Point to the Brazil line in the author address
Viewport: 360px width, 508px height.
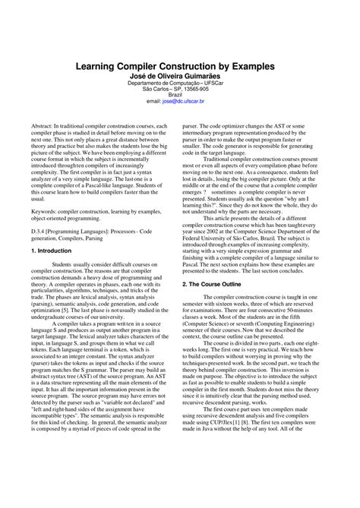click(x=179, y=94)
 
